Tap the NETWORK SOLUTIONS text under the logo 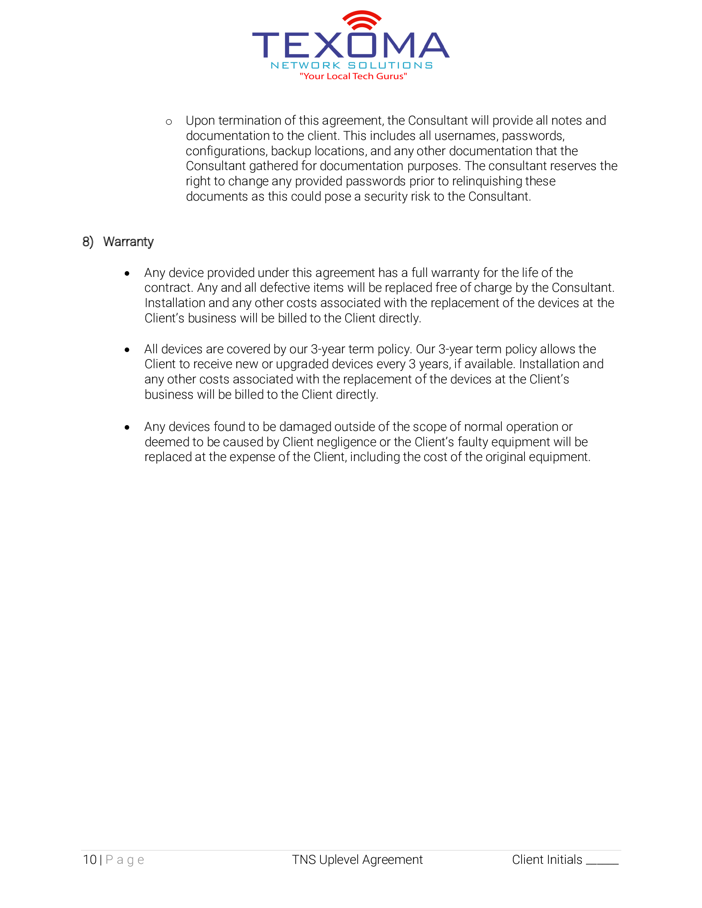click(351, 65)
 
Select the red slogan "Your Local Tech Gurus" click(353, 76)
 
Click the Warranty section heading click(128, 241)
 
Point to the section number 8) click(88, 241)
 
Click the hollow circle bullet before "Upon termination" click(169, 122)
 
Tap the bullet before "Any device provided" click(127, 274)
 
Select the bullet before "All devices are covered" click(127, 350)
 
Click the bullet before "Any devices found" click(127, 428)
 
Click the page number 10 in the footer click(90, 859)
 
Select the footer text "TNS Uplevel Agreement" click(357, 859)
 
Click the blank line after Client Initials click(602, 863)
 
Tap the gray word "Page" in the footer click(125, 859)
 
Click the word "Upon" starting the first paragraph click(200, 121)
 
